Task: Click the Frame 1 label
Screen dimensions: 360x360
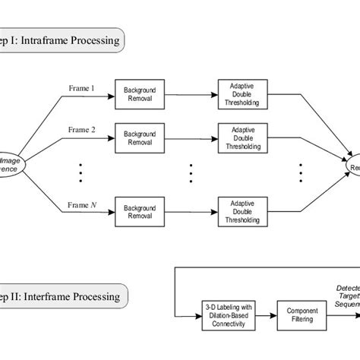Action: pyautogui.click(x=82, y=87)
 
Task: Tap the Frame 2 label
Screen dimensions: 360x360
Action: pyautogui.click(x=82, y=129)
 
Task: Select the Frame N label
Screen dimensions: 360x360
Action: pyautogui.click(x=83, y=204)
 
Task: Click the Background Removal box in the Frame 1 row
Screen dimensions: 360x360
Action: pyautogui.click(x=139, y=93)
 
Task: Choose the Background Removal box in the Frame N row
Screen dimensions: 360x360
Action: pyautogui.click(x=139, y=210)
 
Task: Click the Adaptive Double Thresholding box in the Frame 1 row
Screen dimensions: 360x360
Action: pyautogui.click(x=242, y=93)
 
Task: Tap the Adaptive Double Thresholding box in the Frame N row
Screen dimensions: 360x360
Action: pyautogui.click(x=242, y=210)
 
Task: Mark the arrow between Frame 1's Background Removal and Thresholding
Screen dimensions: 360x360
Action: pyautogui.click(x=190, y=93)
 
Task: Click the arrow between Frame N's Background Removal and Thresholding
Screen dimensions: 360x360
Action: pyautogui.click(x=190, y=210)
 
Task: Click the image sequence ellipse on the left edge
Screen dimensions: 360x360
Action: pyautogui.click(x=11, y=164)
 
